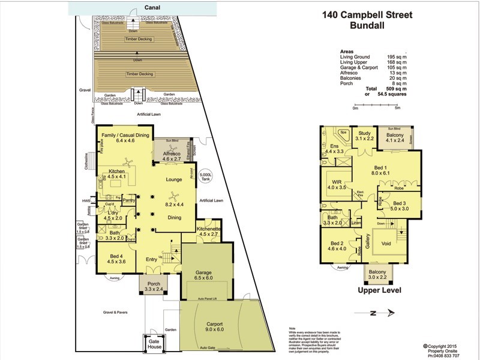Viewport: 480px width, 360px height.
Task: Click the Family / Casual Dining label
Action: (125, 138)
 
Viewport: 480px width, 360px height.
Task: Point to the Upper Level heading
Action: (379, 291)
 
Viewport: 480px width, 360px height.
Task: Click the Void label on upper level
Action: (385, 244)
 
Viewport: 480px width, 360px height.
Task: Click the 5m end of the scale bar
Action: (397, 108)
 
